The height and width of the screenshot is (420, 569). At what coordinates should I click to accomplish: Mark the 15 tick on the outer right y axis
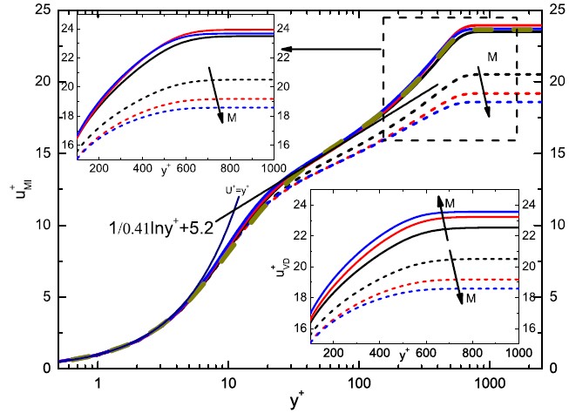550,153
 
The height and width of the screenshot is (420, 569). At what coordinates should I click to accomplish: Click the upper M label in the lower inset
450,203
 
